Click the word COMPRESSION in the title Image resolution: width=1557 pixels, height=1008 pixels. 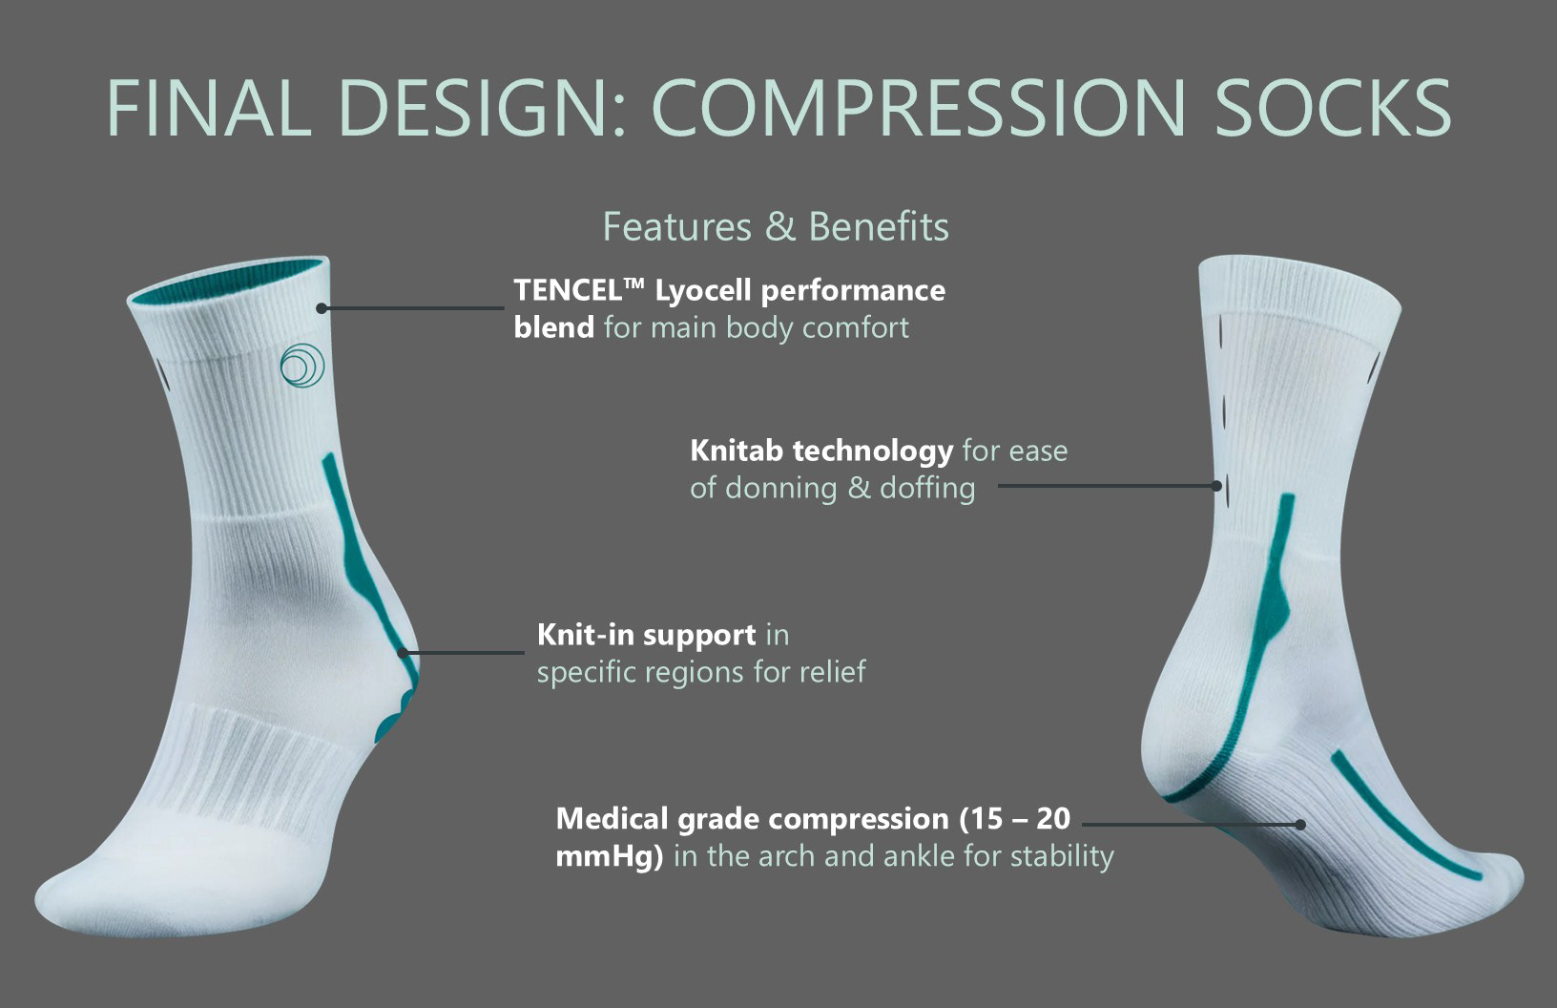pyautogui.click(x=918, y=108)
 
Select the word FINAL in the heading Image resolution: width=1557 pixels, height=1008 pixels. pyautogui.click(x=209, y=108)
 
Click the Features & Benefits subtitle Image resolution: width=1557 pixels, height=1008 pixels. pyautogui.click(x=776, y=226)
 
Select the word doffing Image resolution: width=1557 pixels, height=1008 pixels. pyautogui.click(x=927, y=489)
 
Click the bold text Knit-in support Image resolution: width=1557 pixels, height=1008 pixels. pyautogui.click(x=647, y=636)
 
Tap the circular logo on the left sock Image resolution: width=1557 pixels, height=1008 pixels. pyautogui.click(x=302, y=366)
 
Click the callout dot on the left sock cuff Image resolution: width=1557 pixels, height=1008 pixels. pyautogui.click(x=322, y=308)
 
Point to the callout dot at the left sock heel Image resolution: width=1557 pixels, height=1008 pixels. pyautogui.click(x=403, y=653)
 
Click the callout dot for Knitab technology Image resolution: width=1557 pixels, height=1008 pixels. pyautogui.click(x=1216, y=486)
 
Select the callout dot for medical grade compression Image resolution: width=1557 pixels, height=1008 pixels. pyautogui.click(x=1299, y=825)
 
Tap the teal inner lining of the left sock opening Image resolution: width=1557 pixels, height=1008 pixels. pyautogui.click(x=229, y=286)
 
